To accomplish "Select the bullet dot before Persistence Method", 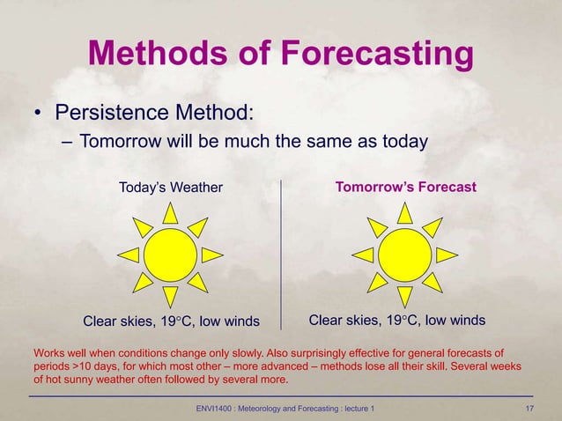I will pos(39,114).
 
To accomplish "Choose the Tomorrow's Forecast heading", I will pos(406,187).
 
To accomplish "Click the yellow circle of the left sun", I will pos(170,255).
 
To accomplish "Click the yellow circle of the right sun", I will pos(404,255).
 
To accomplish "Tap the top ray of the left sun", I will pos(170,212).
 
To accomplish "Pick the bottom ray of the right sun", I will pos(404,297).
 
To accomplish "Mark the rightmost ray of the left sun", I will pos(211,255).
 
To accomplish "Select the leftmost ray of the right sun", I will pos(362,255).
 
